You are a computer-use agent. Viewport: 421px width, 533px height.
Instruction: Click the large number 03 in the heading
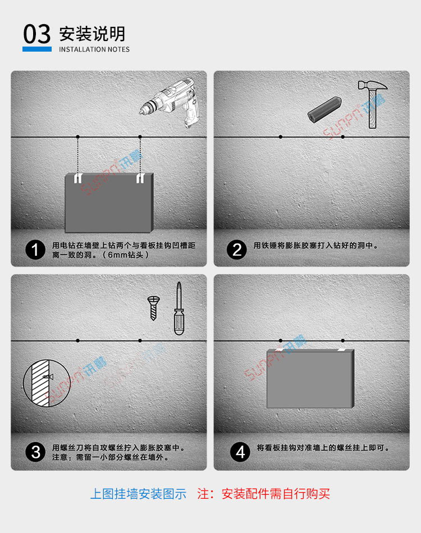tap(37, 34)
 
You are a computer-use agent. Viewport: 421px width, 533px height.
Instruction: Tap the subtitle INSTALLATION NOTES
tap(94, 49)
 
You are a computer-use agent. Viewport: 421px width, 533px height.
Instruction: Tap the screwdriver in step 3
tap(179, 309)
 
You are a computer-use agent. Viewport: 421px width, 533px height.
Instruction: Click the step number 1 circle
tap(36, 250)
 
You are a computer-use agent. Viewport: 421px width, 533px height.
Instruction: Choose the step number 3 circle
tap(36, 452)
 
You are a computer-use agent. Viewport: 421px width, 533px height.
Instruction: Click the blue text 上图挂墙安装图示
tap(138, 494)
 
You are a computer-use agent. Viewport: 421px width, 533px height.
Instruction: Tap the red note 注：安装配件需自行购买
tap(264, 494)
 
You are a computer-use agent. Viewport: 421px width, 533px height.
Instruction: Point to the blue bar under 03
tap(37, 49)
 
